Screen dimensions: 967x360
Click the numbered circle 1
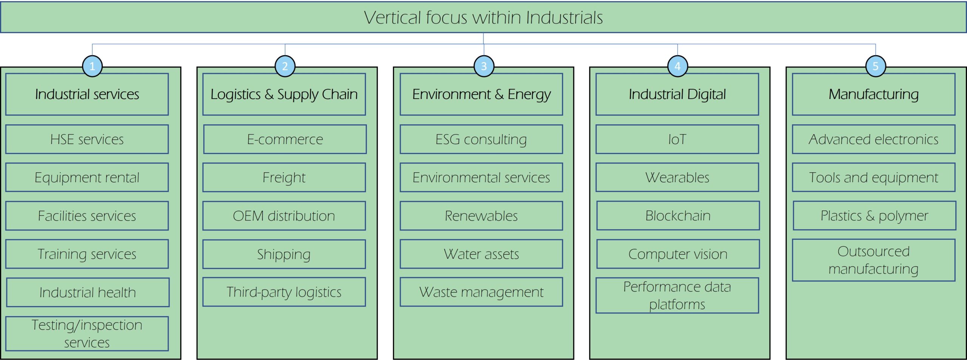point(92,66)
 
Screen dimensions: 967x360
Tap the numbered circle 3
point(484,66)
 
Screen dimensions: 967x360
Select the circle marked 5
point(876,66)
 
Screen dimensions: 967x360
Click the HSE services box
point(87,139)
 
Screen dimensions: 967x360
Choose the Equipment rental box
point(87,177)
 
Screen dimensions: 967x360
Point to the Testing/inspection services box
point(87,334)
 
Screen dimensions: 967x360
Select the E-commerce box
point(285,139)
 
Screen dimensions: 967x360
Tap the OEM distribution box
point(284,216)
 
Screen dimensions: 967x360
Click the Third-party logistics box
point(284,292)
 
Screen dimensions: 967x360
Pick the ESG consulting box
point(481,139)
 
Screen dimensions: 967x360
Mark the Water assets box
point(481,254)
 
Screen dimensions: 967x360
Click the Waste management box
point(481,292)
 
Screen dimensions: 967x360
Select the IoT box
point(677,139)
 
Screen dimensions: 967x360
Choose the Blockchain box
point(678,215)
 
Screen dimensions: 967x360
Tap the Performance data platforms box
point(677,295)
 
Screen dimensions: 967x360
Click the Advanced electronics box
point(874,139)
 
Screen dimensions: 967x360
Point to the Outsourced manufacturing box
point(874,260)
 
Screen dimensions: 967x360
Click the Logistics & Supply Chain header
point(284,94)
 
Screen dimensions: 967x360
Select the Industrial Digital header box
point(677,94)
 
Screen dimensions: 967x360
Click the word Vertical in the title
point(392,18)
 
